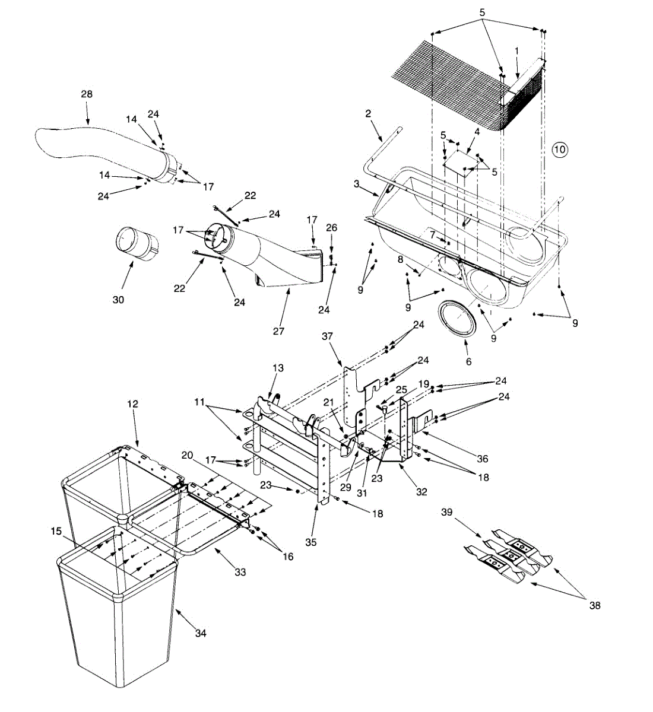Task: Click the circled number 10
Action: coord(560,150)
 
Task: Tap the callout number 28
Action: coord(87,94)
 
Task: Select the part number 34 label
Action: coord(201,634)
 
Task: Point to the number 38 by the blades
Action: coord(594,606)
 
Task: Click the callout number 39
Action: coord(448,512)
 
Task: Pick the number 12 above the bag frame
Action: coord(132,403)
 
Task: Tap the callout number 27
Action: coord(279,330)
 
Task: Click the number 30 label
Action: coord(118,300)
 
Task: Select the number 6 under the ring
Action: coord(468,361)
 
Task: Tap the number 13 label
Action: coord(278,368)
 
